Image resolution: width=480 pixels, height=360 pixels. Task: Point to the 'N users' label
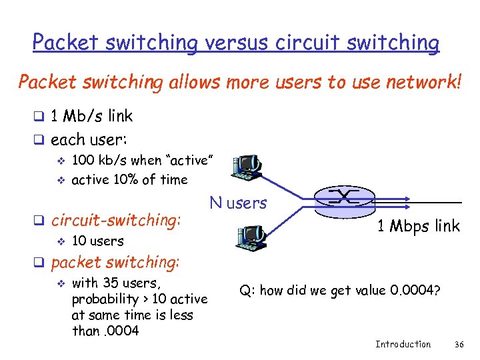(237, 203)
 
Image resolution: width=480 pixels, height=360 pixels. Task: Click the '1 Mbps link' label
(418, 226)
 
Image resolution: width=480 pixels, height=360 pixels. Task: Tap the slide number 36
(458, 344)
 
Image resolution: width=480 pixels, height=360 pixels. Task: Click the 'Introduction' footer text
(403, 344)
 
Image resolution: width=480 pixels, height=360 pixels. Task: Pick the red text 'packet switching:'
(115, 262)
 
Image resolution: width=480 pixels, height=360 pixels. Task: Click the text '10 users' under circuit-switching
(97, 241)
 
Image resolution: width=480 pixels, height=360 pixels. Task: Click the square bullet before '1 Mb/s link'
(39, 117)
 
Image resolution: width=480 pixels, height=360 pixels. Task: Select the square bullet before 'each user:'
(39, 141)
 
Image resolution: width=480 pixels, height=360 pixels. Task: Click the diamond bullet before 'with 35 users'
(60, 283)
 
